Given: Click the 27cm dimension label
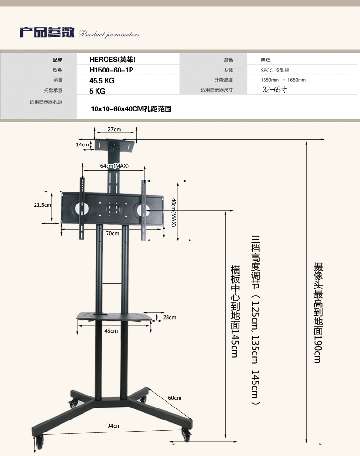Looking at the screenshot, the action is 114,129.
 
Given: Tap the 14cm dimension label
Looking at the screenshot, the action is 82,144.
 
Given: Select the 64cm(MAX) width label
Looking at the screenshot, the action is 114,166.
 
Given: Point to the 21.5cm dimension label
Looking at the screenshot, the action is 42,205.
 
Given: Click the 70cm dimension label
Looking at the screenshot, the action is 112,233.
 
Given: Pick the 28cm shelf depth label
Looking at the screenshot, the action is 169,317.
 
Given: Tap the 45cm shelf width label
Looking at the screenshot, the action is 111,331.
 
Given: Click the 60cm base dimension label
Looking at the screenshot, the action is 175,398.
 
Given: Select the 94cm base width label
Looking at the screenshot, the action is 114,426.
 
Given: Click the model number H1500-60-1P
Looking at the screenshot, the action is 111,70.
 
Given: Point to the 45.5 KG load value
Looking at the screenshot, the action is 102,81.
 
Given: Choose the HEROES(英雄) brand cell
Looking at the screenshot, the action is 112,60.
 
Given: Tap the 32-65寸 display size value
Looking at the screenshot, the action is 275,90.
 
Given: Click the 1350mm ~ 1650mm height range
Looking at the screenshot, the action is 283,80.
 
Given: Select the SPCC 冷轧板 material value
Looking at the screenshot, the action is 275,70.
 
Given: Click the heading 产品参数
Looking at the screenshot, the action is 47,33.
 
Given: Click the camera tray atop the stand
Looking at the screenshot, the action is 115,145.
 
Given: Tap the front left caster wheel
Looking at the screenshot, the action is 39,442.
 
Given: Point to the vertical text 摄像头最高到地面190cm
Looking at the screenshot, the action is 318,312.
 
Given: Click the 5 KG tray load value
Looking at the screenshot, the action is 97,91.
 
